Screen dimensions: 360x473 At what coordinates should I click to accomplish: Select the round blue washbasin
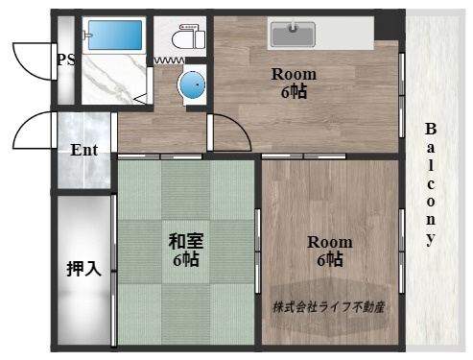point(192,85)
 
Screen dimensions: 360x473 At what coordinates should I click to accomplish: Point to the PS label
point(65,60)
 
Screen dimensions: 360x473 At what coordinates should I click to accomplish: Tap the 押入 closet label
point(83,268)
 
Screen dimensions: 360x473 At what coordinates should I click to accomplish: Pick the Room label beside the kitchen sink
point(293,74)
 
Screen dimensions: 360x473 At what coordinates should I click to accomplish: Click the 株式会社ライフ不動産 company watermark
point(329,307)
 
